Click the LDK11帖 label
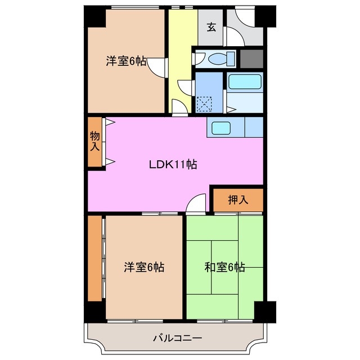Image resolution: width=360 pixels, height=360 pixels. (x=173, y=165)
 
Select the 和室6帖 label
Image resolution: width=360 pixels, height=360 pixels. (x=224, y=267)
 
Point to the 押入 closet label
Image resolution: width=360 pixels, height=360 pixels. (x=237, y=199)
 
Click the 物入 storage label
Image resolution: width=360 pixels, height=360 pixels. (x=95, y=142)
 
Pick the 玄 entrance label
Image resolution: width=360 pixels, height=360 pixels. (x=211, y=27)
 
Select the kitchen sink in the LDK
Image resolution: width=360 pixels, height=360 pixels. (x=220, y=128)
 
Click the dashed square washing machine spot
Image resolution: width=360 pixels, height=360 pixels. (x=205, y=104)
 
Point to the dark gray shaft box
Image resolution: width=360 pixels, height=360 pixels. (x=251, y=58)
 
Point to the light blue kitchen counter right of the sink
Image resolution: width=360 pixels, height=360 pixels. (x=254, y=127)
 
